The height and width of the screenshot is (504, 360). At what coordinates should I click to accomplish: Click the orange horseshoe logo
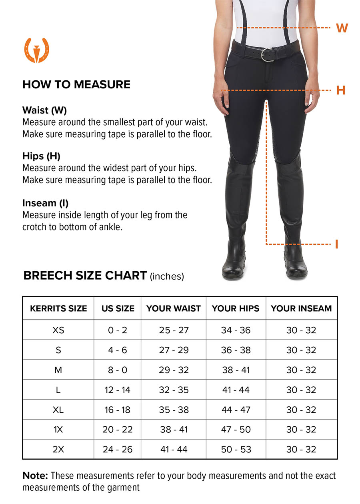click(x=37, y=50)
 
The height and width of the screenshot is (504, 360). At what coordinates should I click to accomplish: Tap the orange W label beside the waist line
click(x=342, y=28)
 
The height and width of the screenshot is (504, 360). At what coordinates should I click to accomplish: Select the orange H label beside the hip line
click(x=341, y=90)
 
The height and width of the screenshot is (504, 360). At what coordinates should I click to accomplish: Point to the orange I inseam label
click(x=337, y=244)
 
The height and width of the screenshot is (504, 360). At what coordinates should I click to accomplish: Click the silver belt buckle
click(x=267, y=54)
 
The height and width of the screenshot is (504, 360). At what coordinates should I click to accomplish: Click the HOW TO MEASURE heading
click(x=76, y=84)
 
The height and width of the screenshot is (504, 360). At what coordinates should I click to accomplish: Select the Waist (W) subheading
click(x=44, y=110)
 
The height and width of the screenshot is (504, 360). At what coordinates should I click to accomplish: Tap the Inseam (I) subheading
click(x=45, y=203)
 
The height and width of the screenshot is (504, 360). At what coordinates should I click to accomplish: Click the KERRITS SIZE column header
click(x=58, y=308)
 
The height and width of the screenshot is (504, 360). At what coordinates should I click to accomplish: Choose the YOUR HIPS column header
click(x=236, y=308)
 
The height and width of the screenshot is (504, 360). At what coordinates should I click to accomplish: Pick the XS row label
click(x=58, y=330)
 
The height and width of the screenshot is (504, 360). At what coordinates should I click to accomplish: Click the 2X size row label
click(x=58, y=450)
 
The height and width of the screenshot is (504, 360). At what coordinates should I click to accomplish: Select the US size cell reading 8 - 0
click(x=118, y=370)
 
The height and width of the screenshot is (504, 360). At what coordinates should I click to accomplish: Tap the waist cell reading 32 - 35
click(x=174, y=390)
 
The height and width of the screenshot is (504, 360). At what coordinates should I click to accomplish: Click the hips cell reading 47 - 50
click(x=236, y=430)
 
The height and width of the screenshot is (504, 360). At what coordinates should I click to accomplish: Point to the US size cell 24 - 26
click(x=118, y=450)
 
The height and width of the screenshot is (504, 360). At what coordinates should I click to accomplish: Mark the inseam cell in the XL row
click(x=301, y=410)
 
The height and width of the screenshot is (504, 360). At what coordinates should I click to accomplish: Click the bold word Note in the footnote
click(x=35, y=476)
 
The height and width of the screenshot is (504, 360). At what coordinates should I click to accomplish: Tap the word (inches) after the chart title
click(x=167, y=276)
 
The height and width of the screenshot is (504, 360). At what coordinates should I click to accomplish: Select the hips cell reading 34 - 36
click(x=236, y=330)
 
